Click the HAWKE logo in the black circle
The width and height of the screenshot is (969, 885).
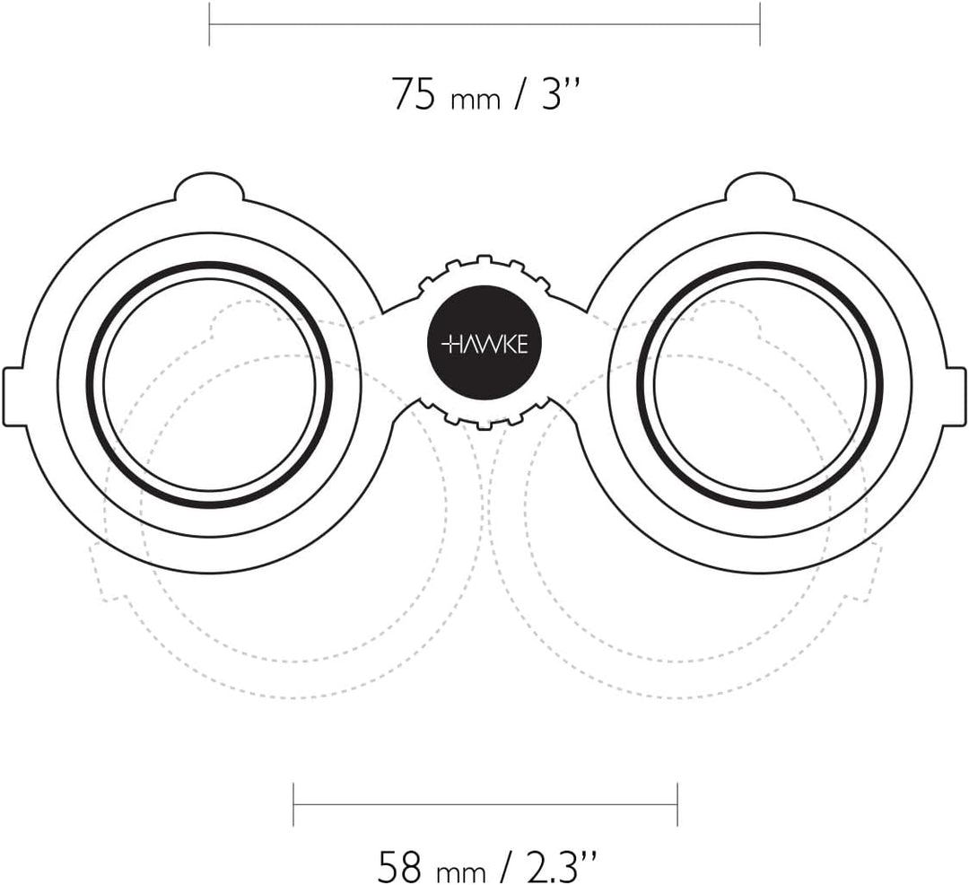pos(485,345)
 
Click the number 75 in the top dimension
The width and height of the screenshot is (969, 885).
pos(414,94)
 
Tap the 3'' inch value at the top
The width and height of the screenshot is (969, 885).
pos(562,94)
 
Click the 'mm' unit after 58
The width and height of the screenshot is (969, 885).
pos(461,872)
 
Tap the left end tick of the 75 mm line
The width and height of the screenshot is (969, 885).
pos(209,24)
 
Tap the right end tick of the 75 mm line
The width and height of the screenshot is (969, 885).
pos(760,24)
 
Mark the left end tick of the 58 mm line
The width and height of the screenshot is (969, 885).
pos(293,804)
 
